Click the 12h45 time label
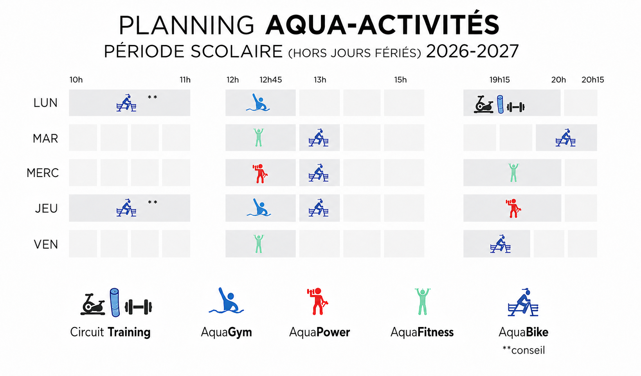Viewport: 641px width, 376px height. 270,80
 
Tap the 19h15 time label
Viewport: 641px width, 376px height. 499,80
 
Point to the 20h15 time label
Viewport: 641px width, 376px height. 592,80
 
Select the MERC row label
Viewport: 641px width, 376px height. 43,173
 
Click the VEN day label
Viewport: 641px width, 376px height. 46,244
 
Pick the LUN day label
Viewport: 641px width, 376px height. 45,103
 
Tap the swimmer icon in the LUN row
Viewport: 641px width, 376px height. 258,102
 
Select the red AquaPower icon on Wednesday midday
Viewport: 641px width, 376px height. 260,174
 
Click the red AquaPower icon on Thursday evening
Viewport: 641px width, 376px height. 513,208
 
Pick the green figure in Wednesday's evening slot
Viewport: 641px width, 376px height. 514,173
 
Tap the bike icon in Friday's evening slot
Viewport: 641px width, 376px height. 500,244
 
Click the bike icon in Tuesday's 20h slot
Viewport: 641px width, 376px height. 565,138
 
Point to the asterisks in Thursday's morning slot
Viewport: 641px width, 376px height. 153,202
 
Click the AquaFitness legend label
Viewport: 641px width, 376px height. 422,332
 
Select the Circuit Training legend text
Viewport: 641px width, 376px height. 110,332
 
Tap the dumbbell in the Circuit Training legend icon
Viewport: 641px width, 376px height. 139,307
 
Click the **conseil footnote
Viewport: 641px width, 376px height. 524,350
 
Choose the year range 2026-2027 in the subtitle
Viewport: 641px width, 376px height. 472,52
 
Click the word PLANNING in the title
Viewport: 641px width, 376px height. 187,25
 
